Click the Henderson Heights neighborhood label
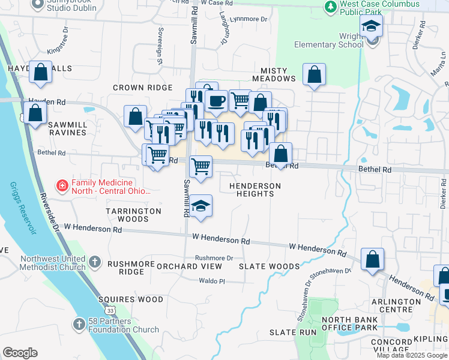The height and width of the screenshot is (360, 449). (x=255, y=190)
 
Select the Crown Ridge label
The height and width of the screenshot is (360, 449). (x=143, y=88)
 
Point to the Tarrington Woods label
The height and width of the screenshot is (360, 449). (x=133, y=215)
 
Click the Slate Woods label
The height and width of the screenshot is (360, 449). (x=269, y=266)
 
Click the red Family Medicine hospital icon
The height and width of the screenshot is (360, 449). (x=62, y=187)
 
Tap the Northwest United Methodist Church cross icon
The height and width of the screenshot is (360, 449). (x=95, y=262)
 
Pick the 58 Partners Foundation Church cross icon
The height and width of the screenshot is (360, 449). (x=79, y=325)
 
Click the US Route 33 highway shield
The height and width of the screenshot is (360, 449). (x=110, y=310)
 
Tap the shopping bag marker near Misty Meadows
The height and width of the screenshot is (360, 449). (x=314, y=74)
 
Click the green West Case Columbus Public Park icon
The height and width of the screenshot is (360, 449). (x=330, y=7)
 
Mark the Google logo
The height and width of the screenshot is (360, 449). (x=20, y=353)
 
